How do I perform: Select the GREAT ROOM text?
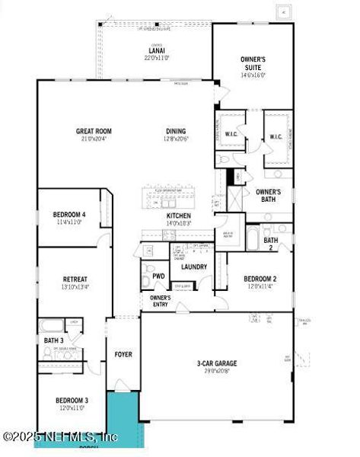[94, 132]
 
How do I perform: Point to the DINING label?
[177, 132]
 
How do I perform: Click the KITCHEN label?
[179, 216]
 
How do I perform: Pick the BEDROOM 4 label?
[69, 215]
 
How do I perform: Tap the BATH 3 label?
[53, 340]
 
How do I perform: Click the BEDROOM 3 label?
[72, 400]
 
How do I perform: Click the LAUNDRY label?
[195, 267]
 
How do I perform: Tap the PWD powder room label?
[159, 276]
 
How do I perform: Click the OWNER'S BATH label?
[269, 197]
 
